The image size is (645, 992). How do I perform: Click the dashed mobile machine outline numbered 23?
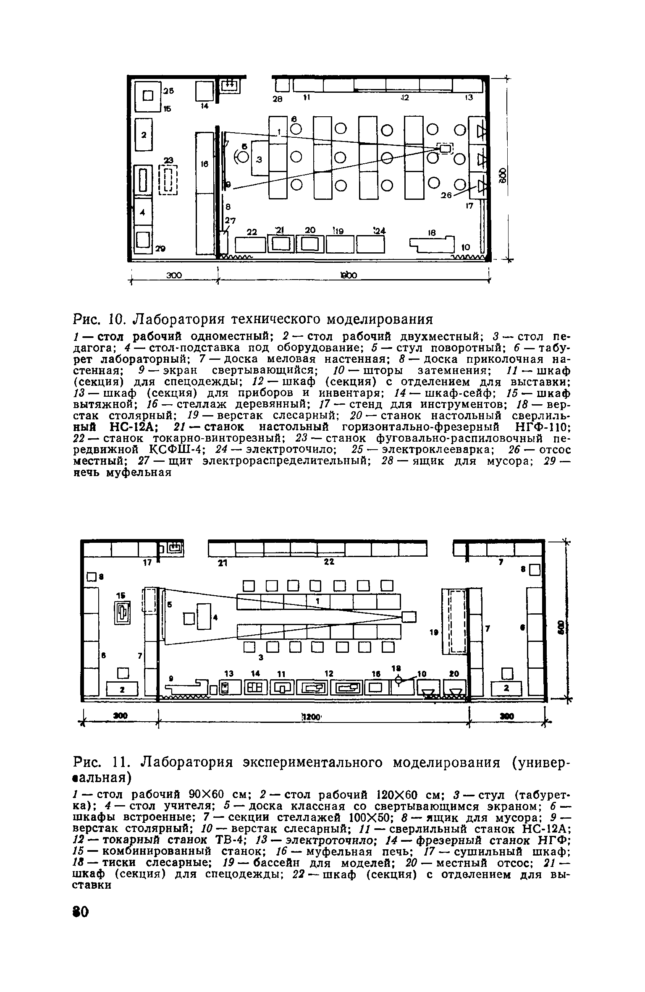[x=168, y=180]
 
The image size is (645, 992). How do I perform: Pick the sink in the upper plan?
[x=230, y=86]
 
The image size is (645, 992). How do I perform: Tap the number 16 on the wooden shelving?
[x=205, y=165]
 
